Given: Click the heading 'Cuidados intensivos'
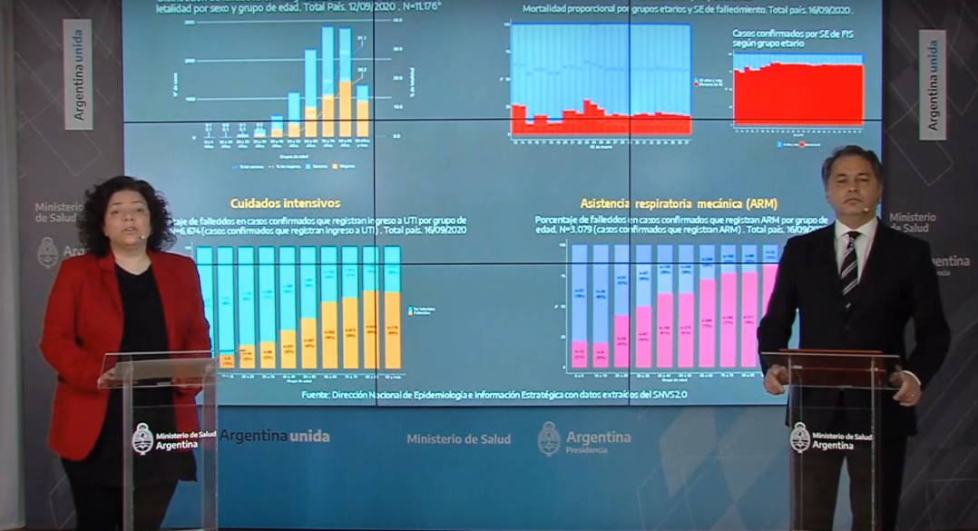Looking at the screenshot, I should [x=285, y=203].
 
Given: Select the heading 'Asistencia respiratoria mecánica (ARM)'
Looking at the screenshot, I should [x=679, y=203].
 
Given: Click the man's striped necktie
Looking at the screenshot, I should [x=850, y=262].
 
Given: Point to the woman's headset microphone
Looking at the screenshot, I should [x=144, y=236].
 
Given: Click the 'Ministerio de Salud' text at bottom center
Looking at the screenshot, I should [x=458, y=439].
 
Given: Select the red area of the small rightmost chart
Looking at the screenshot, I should [x=798, y=95].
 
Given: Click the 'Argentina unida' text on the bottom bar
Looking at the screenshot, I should [x=275, y=437].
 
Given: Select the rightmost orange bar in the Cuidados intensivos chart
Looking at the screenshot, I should [x=392, y=329].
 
